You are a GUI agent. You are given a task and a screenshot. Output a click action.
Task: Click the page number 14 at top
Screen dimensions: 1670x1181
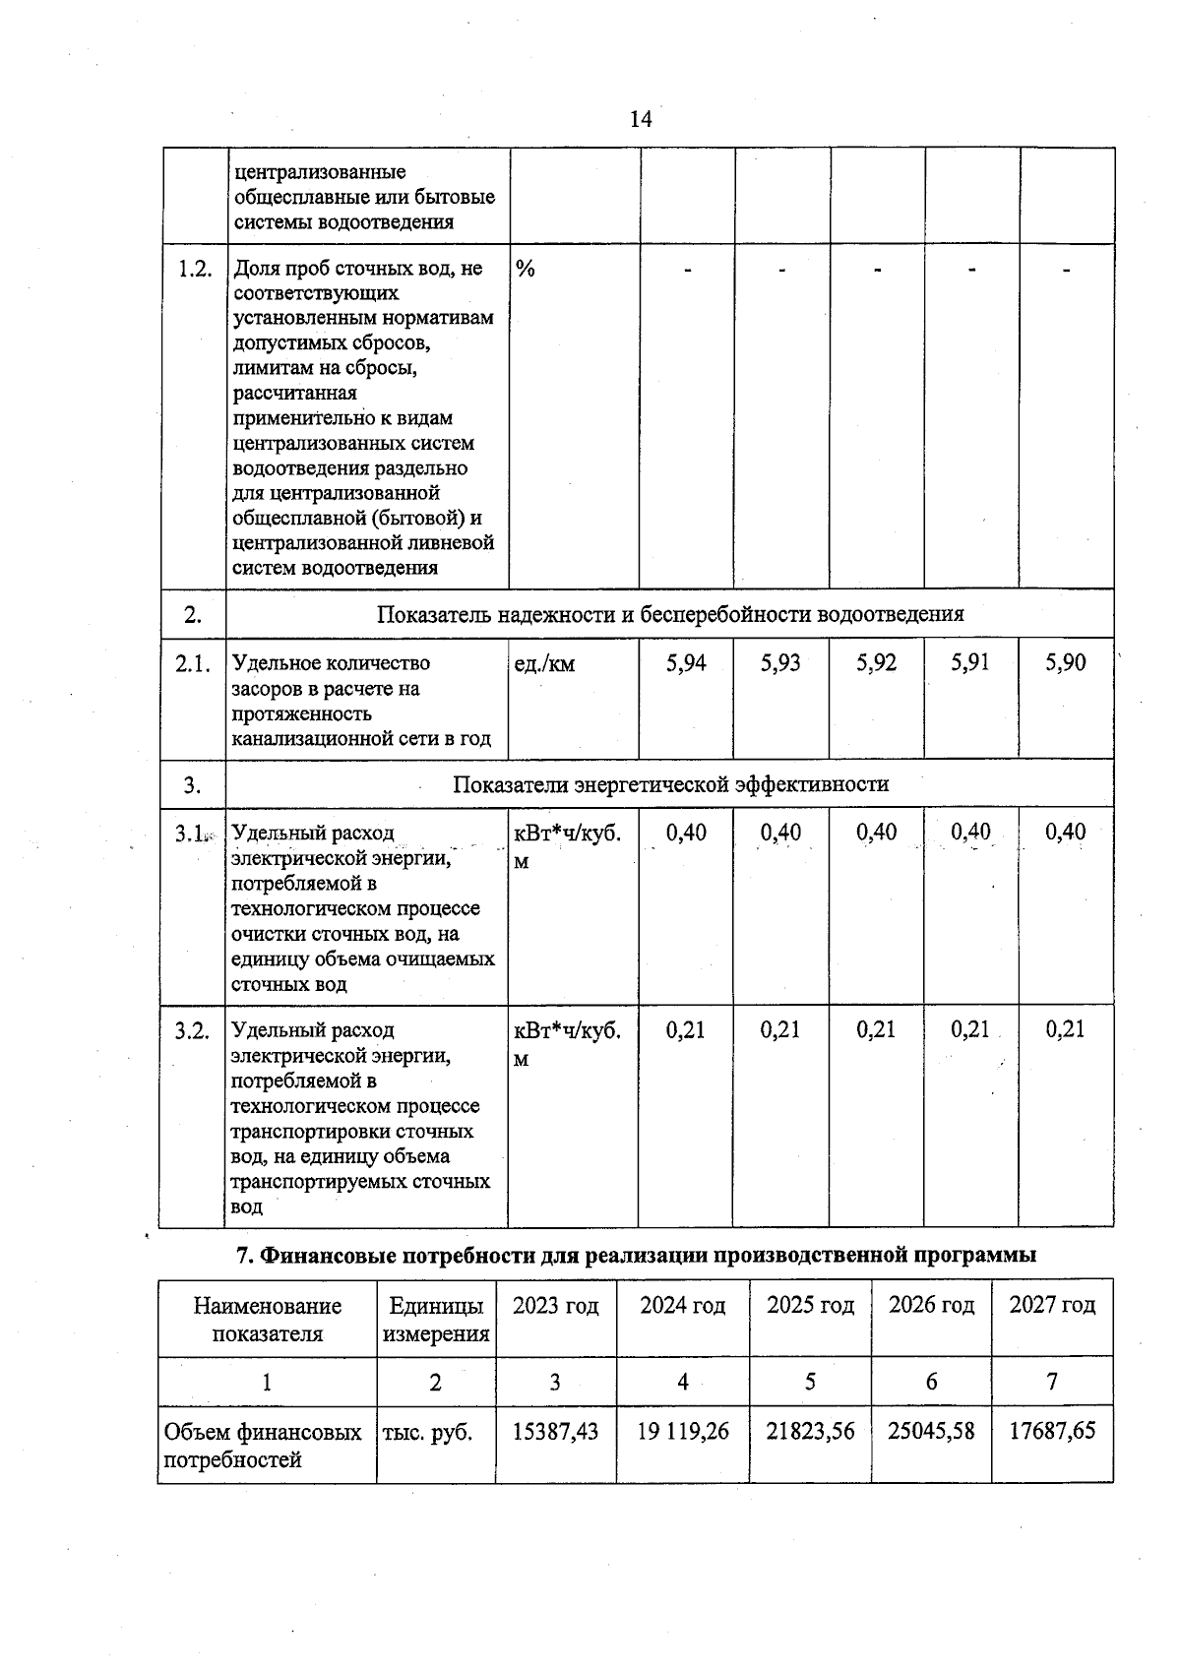point(640,119)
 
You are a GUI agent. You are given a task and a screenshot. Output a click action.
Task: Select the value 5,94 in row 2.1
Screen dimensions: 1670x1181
point(686,663)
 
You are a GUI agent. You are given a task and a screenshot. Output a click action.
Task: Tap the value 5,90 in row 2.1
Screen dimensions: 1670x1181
point(1066,663)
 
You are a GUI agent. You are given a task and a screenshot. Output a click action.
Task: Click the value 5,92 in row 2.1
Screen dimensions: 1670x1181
point(876,663)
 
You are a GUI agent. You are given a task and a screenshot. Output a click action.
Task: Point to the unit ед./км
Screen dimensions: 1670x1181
point(544,664)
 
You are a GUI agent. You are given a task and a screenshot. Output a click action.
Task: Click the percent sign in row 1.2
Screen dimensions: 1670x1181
point(526,269)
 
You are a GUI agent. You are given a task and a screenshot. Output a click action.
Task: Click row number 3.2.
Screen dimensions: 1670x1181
point(193,1030)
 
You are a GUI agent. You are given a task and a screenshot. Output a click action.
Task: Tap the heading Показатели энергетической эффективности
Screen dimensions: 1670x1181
point(670,784)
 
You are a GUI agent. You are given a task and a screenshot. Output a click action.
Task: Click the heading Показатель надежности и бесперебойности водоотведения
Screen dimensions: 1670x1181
point(670,614)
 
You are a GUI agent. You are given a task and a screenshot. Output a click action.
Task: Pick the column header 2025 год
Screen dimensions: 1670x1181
point(810,1305)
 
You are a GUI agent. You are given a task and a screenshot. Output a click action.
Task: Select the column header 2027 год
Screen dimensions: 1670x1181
point(1052,1305)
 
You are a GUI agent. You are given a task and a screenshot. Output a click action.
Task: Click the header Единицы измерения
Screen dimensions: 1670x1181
point(436,1319)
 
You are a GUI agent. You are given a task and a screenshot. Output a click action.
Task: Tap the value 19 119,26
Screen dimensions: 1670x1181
point(683,1431)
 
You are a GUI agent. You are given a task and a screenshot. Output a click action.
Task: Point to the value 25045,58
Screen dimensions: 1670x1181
point(931,1431)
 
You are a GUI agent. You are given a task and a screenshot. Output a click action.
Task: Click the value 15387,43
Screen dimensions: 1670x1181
point(555,1431)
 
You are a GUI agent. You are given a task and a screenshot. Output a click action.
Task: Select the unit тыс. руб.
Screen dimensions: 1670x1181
point(426,1433)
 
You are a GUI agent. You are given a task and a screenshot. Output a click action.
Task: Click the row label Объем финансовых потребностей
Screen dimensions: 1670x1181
point(262,1446)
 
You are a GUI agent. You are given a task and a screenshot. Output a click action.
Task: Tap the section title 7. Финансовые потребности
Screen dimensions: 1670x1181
point(637,1255)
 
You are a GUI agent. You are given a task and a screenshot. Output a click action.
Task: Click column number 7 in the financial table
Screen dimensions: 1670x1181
point(1051,1382)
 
